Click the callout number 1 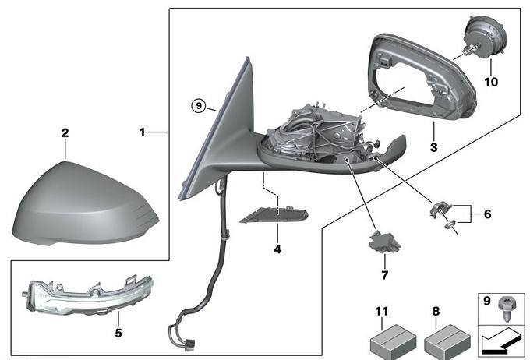click(x=143, y=132)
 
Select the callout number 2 click(x=65, y=132)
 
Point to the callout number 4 click(x=277, y=249)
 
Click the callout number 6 click(x=487, y=213)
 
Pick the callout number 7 click(x=384, y=274)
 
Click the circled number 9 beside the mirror click(x=200, y=105)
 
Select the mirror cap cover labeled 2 click(x=82, y=203)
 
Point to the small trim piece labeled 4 click(x=273, y=214)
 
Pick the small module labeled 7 click(x=384, y=242)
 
